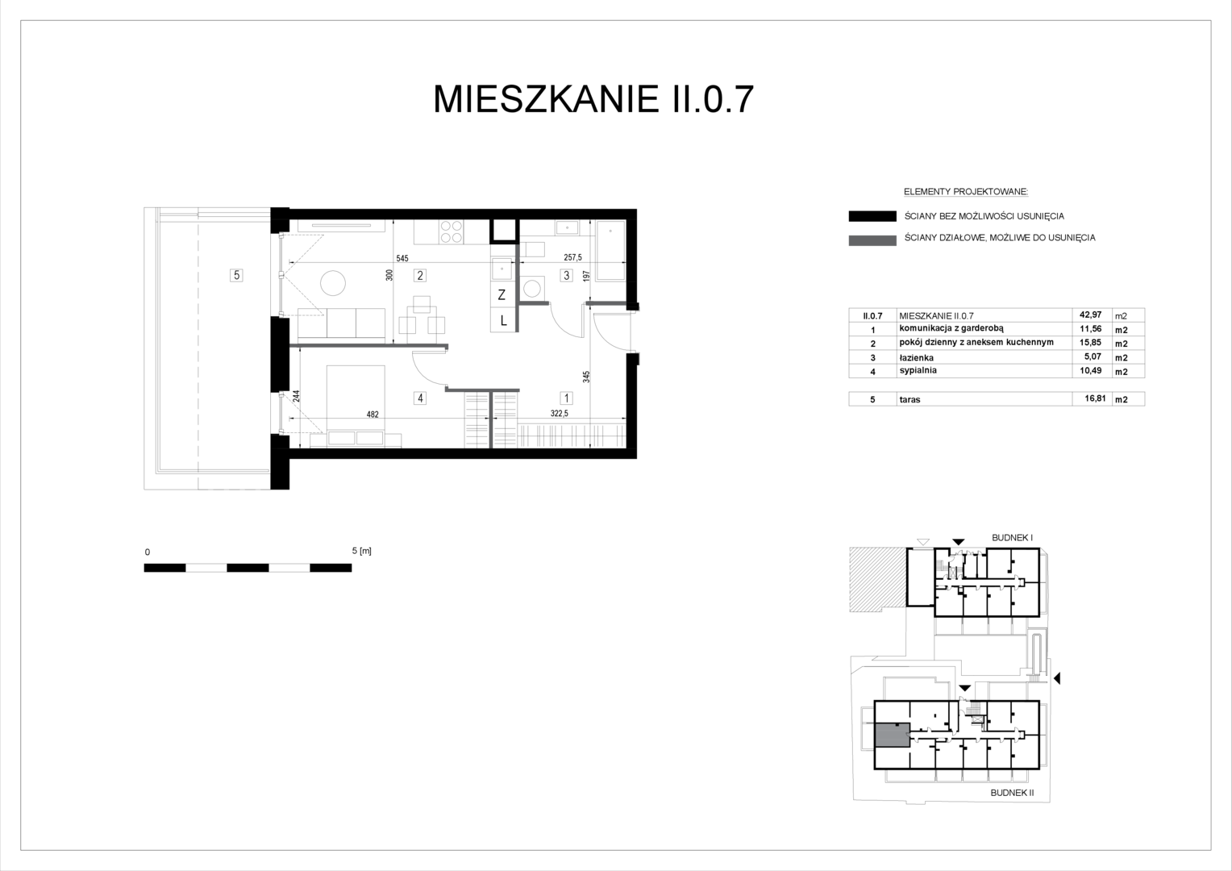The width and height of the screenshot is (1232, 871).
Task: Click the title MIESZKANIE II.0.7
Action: [593, 99]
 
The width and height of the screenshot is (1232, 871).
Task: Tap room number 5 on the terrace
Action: [236, 275]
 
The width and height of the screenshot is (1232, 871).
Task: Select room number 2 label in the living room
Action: [420, 275]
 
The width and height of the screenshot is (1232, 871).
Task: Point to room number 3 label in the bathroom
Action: [567, 275]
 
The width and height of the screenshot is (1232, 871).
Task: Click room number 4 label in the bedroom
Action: [420, 398]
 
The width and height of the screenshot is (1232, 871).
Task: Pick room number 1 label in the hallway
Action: [567, 398]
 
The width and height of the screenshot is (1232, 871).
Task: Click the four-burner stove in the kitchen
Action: [451, 231]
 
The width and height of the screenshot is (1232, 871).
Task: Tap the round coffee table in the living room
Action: [333, 283]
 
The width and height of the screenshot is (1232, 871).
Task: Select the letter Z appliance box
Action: [502, 295]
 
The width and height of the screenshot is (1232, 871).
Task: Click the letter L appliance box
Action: [503, 320]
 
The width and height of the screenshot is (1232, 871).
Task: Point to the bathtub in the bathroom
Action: [611, 251]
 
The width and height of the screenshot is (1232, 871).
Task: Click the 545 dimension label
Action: [402, 258]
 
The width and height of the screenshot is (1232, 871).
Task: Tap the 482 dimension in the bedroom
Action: [373, 415]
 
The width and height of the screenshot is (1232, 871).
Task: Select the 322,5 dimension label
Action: [560, 413]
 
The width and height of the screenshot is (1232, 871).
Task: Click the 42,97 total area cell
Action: [1091, 315]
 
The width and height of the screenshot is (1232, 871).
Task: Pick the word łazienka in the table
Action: [916, 357]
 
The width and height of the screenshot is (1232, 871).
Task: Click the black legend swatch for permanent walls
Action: [872, 216]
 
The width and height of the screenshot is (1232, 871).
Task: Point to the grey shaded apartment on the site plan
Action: [892, 735]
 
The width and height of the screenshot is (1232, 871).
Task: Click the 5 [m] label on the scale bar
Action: [362, 551]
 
